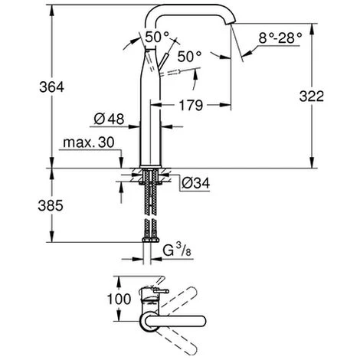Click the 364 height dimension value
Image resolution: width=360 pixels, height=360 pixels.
click(x=51, y=87)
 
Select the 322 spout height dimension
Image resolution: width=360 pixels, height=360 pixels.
click(x=312, y=97)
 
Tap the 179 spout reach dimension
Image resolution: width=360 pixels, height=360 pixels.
click(x=191, y=105)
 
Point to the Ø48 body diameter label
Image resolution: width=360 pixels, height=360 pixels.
click(x=109, y=119)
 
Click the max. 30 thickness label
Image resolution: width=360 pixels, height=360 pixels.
click(x=89, y=142)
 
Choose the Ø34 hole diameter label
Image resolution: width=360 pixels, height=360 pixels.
click(x=196, y=183)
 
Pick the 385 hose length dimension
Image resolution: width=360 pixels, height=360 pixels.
click(x=51, y=205)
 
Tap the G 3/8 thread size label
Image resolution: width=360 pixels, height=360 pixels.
click(x=177, y=250)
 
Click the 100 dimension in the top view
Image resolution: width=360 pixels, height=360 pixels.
click(x=119, y=299)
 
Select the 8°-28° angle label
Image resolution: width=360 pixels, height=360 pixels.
click(x=280, y=38)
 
